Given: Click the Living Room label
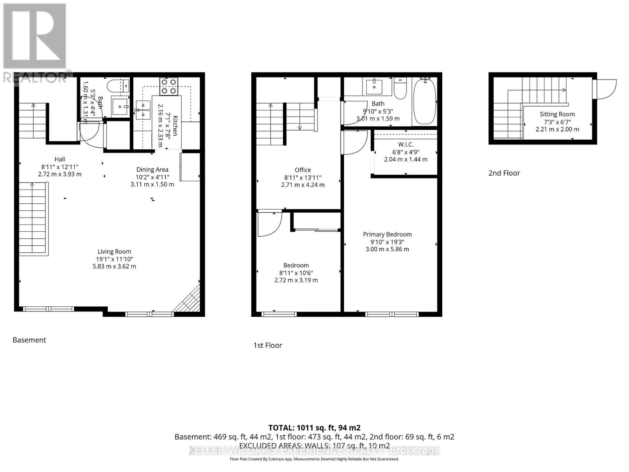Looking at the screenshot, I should point(114,252).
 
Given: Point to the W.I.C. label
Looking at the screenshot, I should point(406,145).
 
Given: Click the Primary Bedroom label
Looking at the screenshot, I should point(387,234).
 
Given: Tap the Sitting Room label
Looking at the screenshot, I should point(557,114).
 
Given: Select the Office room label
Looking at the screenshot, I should point(303,170).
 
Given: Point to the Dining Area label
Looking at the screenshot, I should point(152,170).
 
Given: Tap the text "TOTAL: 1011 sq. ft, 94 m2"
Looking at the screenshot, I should point(314,428).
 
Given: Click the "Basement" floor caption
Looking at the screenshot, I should point(29,340).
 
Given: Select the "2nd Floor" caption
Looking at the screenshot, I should point(504,173).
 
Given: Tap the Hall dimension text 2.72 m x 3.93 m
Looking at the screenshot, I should point(60,174).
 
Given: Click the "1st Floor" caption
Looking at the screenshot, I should point(268,345).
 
